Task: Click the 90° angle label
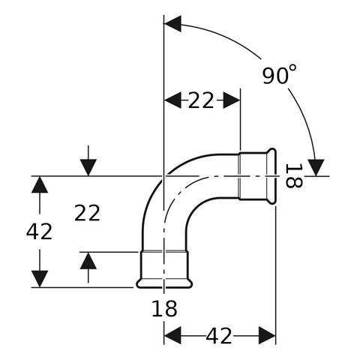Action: pos(279,74)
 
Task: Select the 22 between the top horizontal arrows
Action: pos(201,100)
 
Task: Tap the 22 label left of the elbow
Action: pos(87,213)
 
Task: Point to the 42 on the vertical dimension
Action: pos(39,232)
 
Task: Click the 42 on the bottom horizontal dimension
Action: pos(219,336)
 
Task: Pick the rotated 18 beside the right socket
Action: pos(294,175)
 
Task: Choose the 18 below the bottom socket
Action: pos(164,309)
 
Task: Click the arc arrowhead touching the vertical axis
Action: pos(172,24)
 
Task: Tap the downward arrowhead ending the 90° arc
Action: pos(316,168)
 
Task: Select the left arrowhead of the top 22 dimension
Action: pos(172,100)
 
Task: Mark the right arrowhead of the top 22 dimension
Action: pos(232,100)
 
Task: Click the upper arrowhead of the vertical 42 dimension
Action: pos(40,184)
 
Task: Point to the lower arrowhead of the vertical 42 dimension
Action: pos(40,279)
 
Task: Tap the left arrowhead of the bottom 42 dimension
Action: pos(172,335)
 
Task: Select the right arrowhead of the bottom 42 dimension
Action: pos(267,335)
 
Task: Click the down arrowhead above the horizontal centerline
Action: pos(88,167)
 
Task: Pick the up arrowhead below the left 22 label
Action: pos(88,261)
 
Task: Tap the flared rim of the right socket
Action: pos(271,176)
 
